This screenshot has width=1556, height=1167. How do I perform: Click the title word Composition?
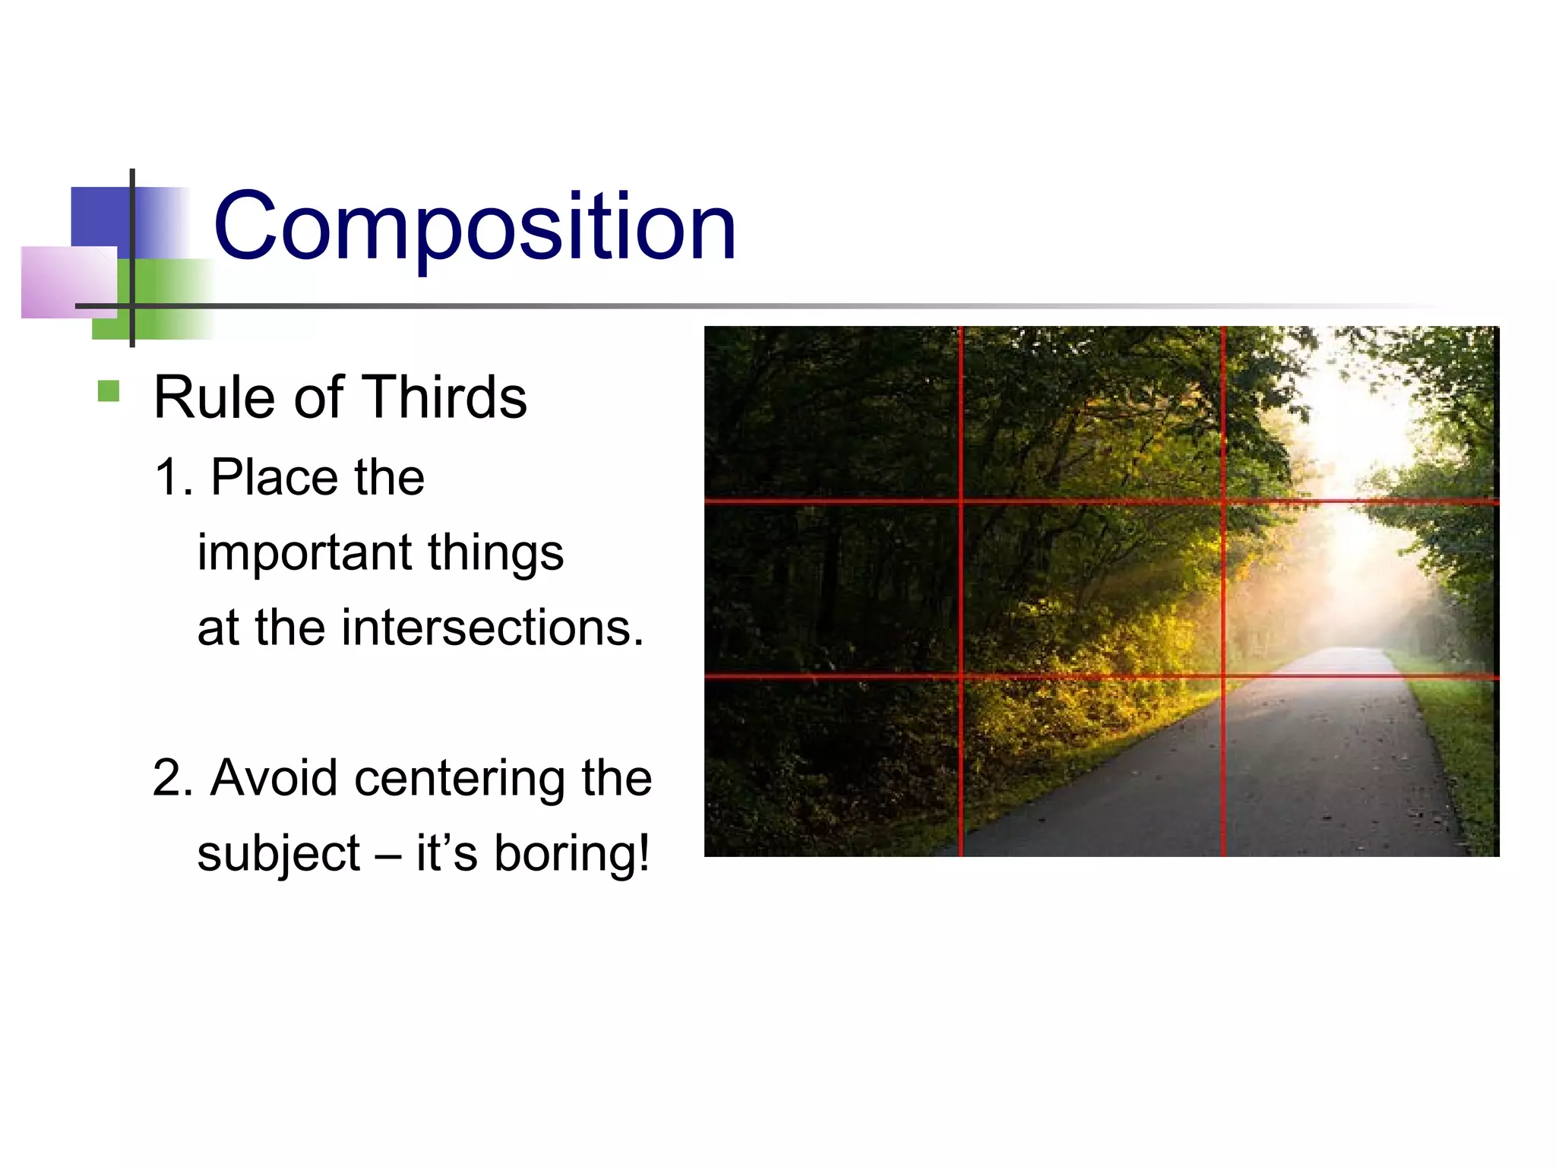(x=475, y=226)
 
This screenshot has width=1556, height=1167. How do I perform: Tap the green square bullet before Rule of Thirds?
(x=109, y=391)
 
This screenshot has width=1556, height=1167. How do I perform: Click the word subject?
(x=278, y=854)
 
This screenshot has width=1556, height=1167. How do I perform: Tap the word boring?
(x=571, y=854)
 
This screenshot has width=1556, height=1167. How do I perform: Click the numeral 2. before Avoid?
(x=172, y=778)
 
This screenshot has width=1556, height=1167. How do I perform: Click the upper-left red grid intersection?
(x=961, y=501)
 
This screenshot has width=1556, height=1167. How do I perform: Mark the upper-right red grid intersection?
(x=1223, y=501)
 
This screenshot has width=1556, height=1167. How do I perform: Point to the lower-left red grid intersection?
(x=961, y=675)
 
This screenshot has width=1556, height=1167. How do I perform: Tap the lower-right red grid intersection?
(x=1223, y=675)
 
